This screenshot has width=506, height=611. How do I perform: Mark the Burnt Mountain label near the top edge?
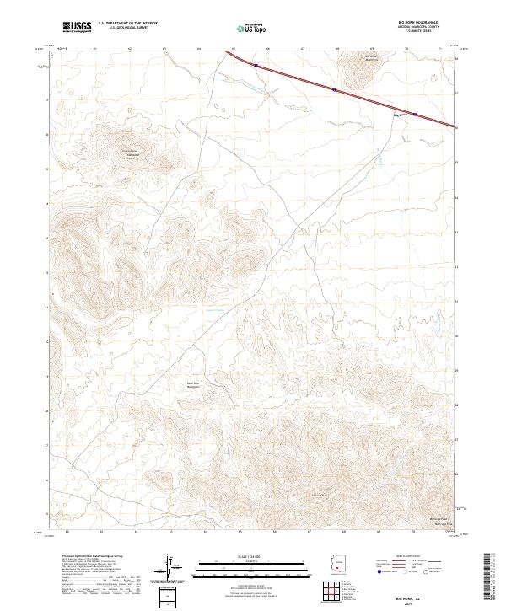pyautogui.click(x=361, y=59)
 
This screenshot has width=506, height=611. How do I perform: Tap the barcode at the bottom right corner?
pyautogui.click(x=493, y=576)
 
